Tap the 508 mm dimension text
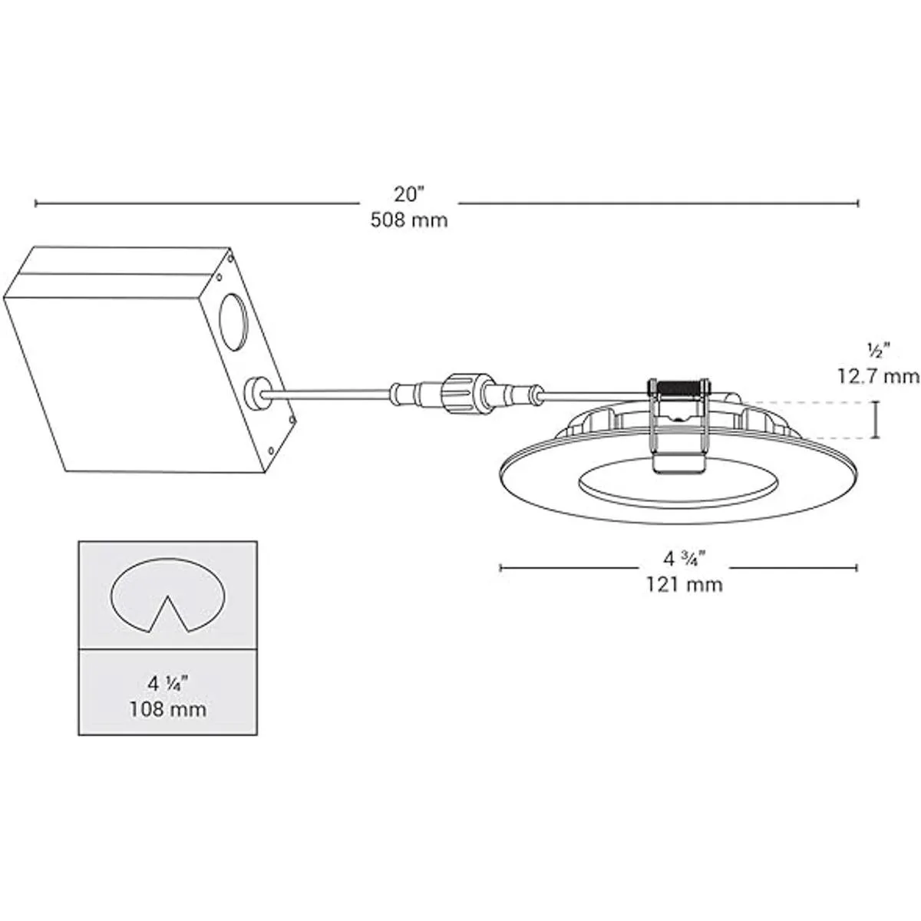[408, 221]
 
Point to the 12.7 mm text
[877, 376]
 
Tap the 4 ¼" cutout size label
[167, 682]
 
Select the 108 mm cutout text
[167, 708]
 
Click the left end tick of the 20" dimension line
[36, 203]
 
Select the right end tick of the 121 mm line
[857, 568]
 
